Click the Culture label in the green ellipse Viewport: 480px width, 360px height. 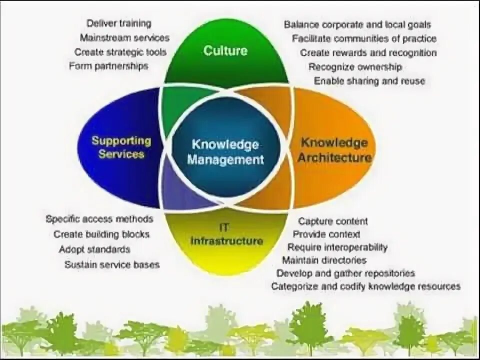tap(225, 50)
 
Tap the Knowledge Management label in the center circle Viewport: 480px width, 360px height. tap(225, 152)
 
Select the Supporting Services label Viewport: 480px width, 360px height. tap(121, 147)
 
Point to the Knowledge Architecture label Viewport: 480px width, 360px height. tap(334, 150)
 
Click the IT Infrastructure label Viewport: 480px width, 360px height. tap(226, 234)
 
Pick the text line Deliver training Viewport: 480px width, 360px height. tap(118, 23)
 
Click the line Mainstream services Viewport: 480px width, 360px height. tap(124, 37)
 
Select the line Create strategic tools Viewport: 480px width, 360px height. tap(120, 52)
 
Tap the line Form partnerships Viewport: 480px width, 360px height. tap(108, 66)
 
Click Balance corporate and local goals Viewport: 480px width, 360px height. tap(357, 24)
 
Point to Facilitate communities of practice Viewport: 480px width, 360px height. tap(364, 38)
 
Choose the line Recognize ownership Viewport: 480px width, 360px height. tap(355, 66)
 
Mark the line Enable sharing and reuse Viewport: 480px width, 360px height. tap(369, 81)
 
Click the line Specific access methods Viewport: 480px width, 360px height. tap(99, 219)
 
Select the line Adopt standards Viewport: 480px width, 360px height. tap(94, 249)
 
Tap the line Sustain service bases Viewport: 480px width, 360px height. tap(111, 264)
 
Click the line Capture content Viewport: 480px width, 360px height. tap(333, 221)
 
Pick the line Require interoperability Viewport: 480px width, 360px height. tap(337, 247)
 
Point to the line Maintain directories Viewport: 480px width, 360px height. tap(324, 260)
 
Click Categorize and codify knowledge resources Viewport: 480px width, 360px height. tap(365, 286)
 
